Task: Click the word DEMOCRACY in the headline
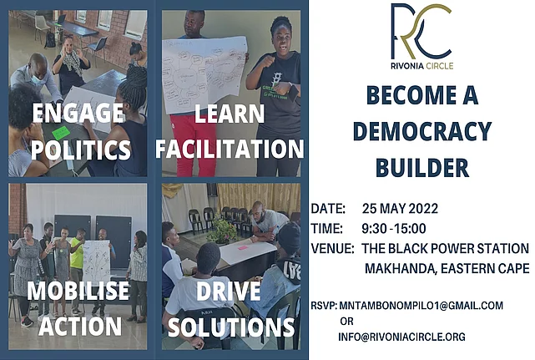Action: [422, 131]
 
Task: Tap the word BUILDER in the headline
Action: [422, 167]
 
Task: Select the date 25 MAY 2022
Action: [400, 208]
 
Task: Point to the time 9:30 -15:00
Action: [394, 229]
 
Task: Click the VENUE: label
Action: [333, 248]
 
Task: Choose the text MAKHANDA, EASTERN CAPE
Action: [447, 268]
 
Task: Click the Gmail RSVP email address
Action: [421, 306]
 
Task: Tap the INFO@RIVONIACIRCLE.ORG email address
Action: [402, 337]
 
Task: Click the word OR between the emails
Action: [346, 322]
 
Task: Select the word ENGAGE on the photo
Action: [78, 113]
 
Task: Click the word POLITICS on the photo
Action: [81, 150]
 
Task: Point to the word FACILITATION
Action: [230, 149]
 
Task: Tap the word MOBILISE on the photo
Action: [78, 291]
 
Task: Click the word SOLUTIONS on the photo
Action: [231, 327]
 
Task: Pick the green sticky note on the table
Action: [61, 132]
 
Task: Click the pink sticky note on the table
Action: [243, 247]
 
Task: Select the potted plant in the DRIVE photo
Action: [222, 230]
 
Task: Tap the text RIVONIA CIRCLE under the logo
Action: [422, 66]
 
